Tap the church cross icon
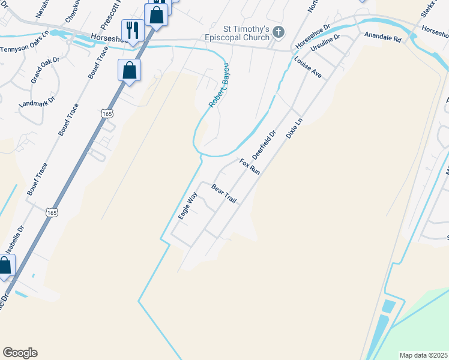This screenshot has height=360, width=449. (x=278, y=31)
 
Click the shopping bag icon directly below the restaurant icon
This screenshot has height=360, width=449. (x=130, y=71)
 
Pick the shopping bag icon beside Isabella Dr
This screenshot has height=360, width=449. (x=5, y=266)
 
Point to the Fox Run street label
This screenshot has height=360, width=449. (x=250, y=167)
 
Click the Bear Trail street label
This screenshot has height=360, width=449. (x=223, y=193)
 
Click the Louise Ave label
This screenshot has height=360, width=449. (x=308, y=67)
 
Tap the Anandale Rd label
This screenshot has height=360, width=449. (x=382, y=37)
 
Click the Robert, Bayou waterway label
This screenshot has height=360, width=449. (x=218, y=85)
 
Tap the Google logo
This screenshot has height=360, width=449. (x=20, y=353)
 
